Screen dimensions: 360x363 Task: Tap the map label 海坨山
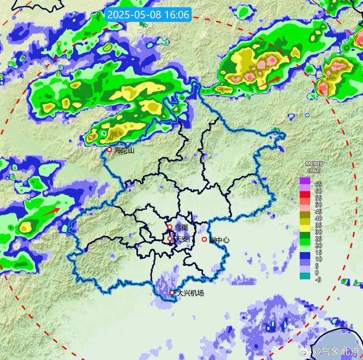click(x=124, y=150)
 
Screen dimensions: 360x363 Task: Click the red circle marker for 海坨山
click(x=110, y=150)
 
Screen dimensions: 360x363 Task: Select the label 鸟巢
click(x=181, y=227)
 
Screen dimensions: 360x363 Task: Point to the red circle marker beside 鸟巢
click(x=170, y=227)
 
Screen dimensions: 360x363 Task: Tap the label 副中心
click(x=219, y=239)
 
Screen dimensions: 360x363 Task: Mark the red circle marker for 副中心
click(x=205, y=239)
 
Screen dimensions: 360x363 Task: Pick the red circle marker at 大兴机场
click(x=172, y=293)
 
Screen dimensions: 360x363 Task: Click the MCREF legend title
click(x=314, y=164)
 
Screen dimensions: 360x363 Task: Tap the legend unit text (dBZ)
click(x=314, y=171)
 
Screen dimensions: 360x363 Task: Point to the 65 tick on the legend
click(x=319, y=185)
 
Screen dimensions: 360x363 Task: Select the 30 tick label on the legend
click(x=319, y=232)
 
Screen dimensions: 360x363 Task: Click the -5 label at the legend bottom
click(x=318, y=279)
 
